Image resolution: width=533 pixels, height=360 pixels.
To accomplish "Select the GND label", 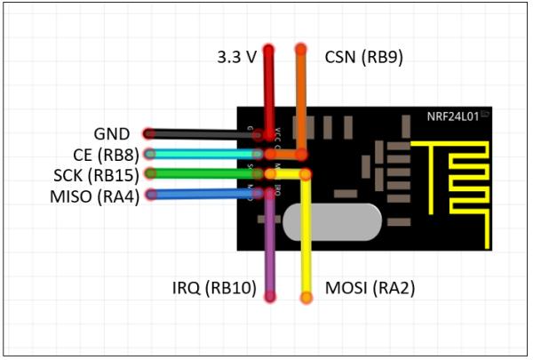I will [112, 134].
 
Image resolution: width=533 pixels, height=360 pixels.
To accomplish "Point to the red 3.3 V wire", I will [269, 98].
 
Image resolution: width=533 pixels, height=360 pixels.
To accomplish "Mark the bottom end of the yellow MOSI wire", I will [307, 296].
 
